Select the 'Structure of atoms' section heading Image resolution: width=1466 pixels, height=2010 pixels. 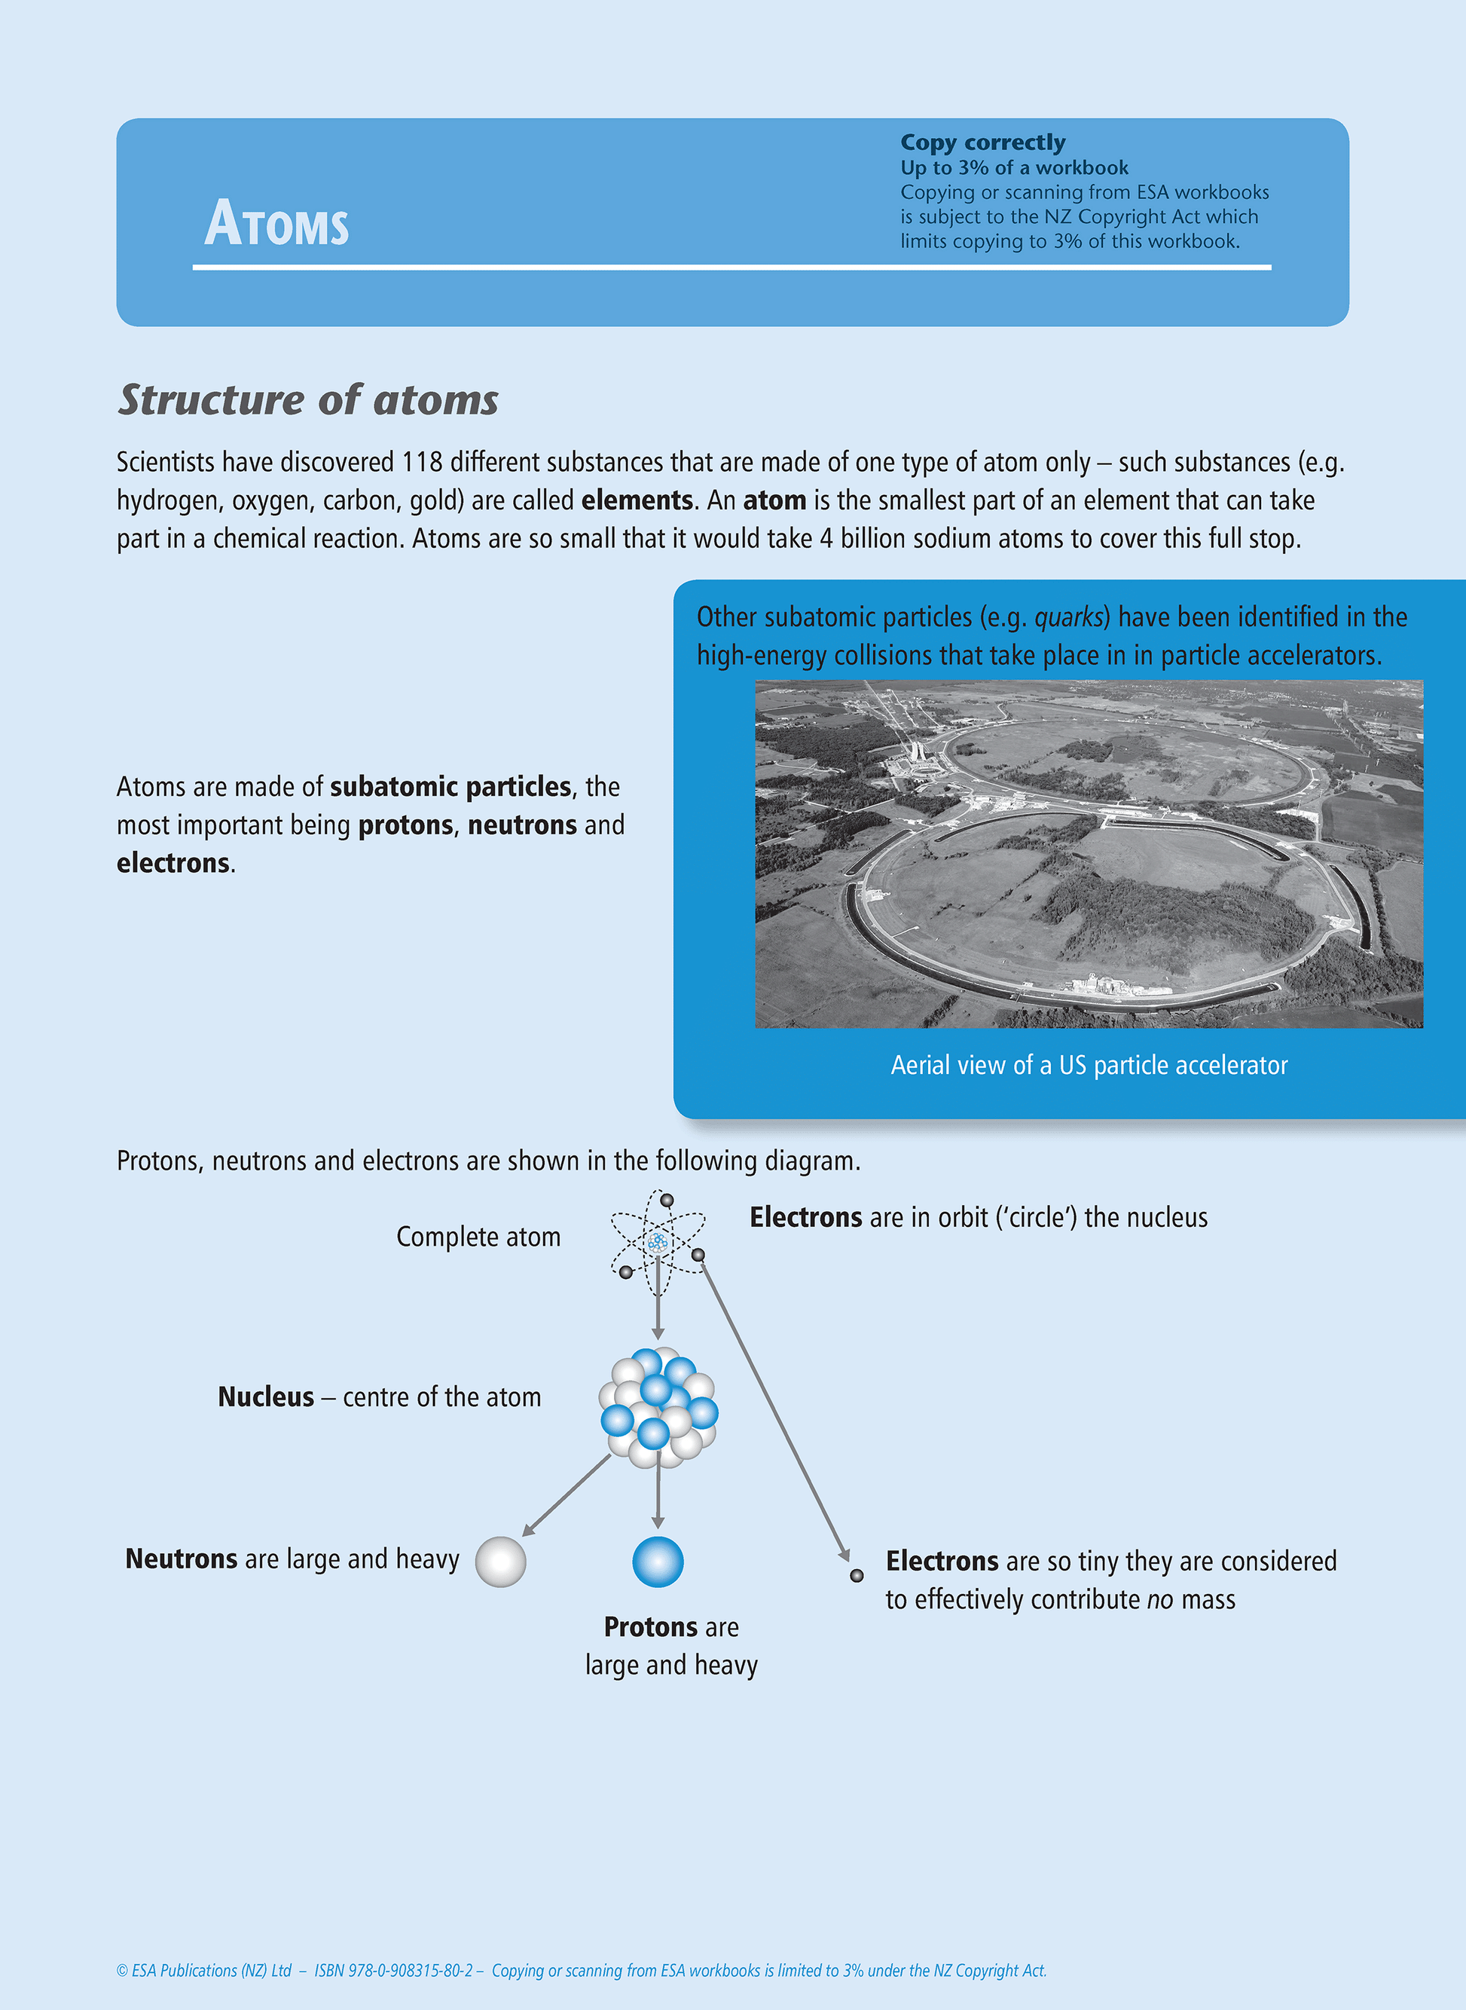pyautogui.click(x=308, y=399)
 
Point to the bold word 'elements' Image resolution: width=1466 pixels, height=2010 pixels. pyautogui.click(x=637, y=500)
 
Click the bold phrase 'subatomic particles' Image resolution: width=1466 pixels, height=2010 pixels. pyautogui.click(x=450, y=787)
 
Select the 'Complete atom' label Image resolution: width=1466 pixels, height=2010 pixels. pyautogui.click(x=478, y=1237)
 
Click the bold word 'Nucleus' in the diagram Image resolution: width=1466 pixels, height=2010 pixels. pyautogui.click(x=265, y=1397)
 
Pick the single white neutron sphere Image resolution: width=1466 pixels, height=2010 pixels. pyautogui.click(x=500, y=1562)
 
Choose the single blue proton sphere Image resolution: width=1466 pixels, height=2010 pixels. pyautogui.click(x=658, y=1562)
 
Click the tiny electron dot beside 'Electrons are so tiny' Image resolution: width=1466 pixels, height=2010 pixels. pyautogui.click(x=857, y=1576)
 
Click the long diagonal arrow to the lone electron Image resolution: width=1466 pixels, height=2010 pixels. pyautogui.click(x=774, y=1407)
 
